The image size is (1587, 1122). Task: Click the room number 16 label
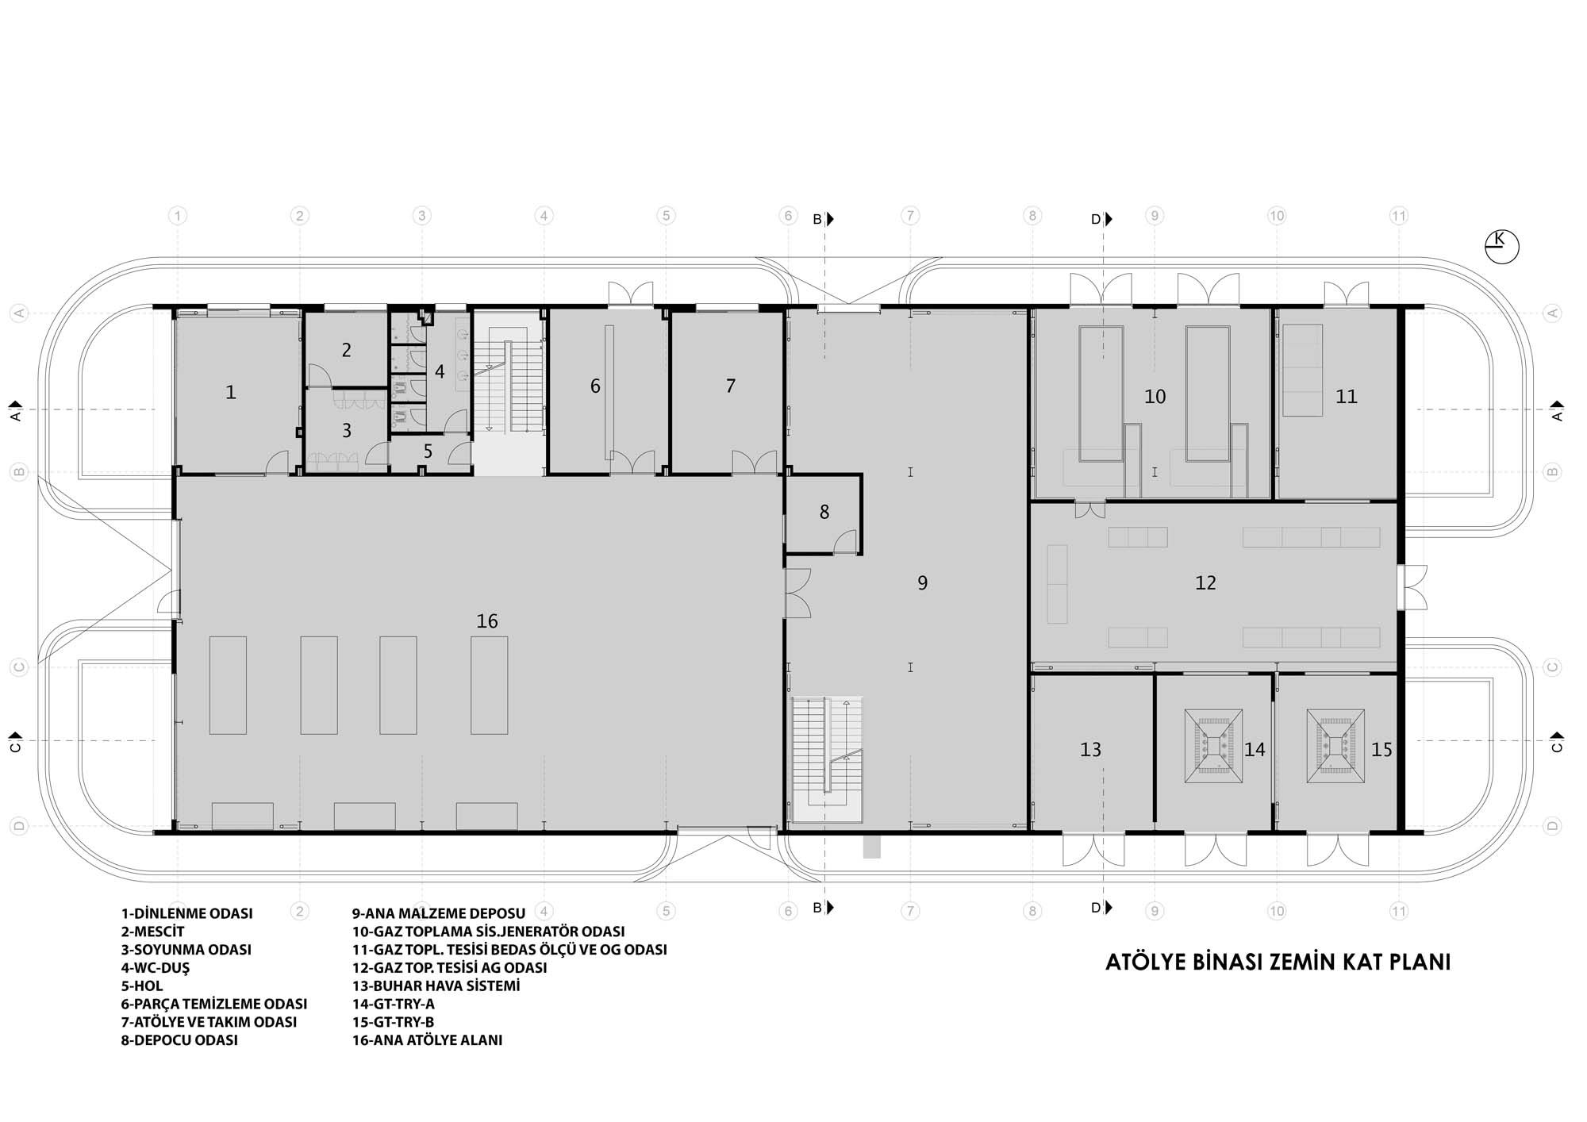[487, 621]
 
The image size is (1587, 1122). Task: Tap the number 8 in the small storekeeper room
[824, 513]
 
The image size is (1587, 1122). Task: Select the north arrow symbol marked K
[1501, 246]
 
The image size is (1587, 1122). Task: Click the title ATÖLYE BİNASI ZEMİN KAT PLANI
[1278, 963]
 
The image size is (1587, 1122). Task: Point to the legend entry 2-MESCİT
[152, 932]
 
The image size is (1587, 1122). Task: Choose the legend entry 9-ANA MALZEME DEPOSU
[439, 913]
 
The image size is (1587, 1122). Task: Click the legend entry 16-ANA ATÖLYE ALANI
[428, 1040]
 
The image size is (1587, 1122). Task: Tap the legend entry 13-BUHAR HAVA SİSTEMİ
[436, 986]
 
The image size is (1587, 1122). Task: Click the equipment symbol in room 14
[1213, 747]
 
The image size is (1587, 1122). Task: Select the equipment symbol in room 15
[1335, 747]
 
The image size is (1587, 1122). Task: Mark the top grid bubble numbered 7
[910, 216]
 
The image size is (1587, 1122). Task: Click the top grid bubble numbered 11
[1399, 216]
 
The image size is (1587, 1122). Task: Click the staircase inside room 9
[827, 760]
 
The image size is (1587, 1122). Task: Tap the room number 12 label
[1205, 583]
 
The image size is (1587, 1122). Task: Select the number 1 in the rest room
[231, 392]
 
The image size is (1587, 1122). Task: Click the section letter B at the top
[817, 220]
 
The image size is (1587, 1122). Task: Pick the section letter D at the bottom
[1096, 908]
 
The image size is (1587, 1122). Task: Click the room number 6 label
[595, 386]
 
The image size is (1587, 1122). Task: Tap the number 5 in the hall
[428, 451]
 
